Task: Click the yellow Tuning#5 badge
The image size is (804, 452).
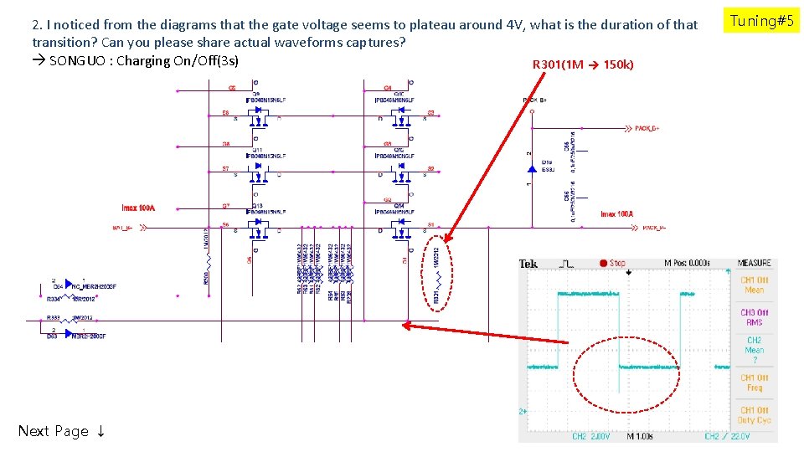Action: [x=761, y=21]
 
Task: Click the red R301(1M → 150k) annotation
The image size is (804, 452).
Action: [x=583, y=64]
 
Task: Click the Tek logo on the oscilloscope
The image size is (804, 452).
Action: [x=528, y=264]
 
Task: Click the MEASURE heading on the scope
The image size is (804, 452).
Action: [x=755, y=264]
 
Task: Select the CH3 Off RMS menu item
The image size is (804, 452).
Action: [x=755, y=316]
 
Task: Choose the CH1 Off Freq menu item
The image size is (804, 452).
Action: [x=755, y=383]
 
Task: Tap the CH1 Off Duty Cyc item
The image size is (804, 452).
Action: [x=755, y=414]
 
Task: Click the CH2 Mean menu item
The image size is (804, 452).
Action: [x=755, y=350]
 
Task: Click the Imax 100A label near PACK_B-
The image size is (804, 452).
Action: [x=618, y=214]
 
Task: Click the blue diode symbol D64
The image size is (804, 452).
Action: [x=66, y=285]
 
